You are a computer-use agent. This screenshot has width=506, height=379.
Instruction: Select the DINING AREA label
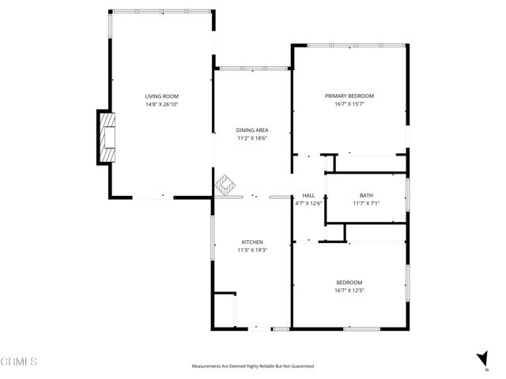click(252, 130)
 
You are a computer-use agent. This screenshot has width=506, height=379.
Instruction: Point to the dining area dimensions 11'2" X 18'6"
click(252, 138)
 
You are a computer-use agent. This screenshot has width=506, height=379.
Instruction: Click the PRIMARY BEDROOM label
click(349, 96)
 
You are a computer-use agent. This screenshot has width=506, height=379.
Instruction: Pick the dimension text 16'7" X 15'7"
click(349, 103)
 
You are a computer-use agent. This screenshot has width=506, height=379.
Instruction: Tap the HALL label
click(308, 195)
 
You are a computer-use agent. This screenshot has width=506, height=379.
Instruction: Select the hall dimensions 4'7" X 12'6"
click(308, 203)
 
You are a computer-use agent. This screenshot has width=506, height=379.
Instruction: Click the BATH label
click(366, 195)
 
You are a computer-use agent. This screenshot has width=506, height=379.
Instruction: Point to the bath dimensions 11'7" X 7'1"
click(366, 203)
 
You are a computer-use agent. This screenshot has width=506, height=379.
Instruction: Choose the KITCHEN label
click(252, 242)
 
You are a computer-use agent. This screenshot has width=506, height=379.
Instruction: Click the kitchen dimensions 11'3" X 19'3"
click(252, 250)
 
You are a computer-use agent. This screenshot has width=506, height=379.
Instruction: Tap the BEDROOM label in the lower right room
click(349, 283)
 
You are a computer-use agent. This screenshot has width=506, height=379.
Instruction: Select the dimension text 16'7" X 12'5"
click(349, 291)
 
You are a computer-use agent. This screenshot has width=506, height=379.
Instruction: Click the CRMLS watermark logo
click(20, 361)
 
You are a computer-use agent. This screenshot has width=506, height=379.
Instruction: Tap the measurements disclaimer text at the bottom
click(252, 366)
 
